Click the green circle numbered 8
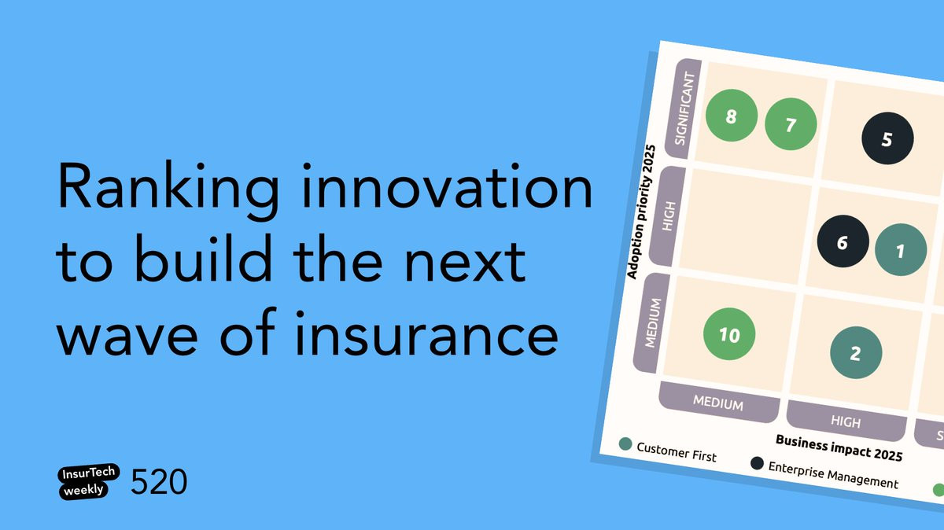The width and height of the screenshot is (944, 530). pos(732,116)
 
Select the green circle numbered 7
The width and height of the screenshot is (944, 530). pos(791,124)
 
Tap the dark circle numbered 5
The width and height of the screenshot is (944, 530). pos(887,138)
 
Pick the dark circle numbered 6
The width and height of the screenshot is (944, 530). pos(843,241)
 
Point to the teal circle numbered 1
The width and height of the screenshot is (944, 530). pos(901,250)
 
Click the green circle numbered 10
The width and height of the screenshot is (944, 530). pos(729,334)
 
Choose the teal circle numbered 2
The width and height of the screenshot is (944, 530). pos(856,352)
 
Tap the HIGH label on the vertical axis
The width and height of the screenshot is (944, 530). pos(669,216)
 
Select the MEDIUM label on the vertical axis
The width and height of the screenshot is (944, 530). pos(653,323)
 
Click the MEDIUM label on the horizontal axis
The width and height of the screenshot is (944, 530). pos(718,403)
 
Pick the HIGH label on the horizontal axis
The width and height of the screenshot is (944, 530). pos(846,421)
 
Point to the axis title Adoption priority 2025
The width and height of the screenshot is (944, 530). pos(641,212)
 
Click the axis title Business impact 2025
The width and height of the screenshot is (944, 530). pos(839,448)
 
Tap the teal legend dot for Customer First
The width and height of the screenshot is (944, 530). pos(625,444)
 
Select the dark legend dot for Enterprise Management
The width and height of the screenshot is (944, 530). pos(757,463)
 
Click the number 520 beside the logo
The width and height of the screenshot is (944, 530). pos(159,481)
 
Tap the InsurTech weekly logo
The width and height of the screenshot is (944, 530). pos(88,481)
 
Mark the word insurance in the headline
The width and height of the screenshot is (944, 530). pos(426,333)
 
